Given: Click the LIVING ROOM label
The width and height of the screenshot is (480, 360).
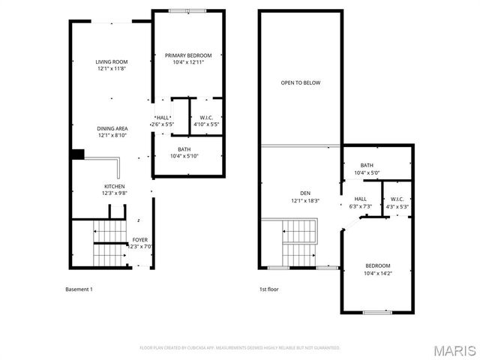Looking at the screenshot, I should pos(111,61).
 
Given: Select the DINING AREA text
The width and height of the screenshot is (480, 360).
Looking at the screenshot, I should pos(111,128).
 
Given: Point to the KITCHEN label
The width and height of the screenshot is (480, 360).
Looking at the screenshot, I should pos(114,186).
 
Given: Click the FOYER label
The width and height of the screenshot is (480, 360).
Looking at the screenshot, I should pos(140,240).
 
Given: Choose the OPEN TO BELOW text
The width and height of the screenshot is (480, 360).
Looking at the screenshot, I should pos(300,82).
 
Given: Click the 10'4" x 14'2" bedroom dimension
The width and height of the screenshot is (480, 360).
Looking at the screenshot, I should pos(378,273).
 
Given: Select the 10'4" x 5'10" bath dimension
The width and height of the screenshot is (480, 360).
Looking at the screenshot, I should pos(184,156).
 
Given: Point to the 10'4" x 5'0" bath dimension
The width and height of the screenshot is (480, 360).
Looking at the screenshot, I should pos(367,172).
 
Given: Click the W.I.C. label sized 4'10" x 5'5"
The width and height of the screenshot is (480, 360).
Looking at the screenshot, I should pos(206,117).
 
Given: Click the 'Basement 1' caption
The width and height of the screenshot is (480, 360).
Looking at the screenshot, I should pos(79,289).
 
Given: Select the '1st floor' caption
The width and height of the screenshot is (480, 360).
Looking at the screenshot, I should pos(268,289).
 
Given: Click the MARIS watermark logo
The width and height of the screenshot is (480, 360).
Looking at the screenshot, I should pos(453,350).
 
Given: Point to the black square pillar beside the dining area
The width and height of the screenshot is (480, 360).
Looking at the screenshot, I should pos(76,154).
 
